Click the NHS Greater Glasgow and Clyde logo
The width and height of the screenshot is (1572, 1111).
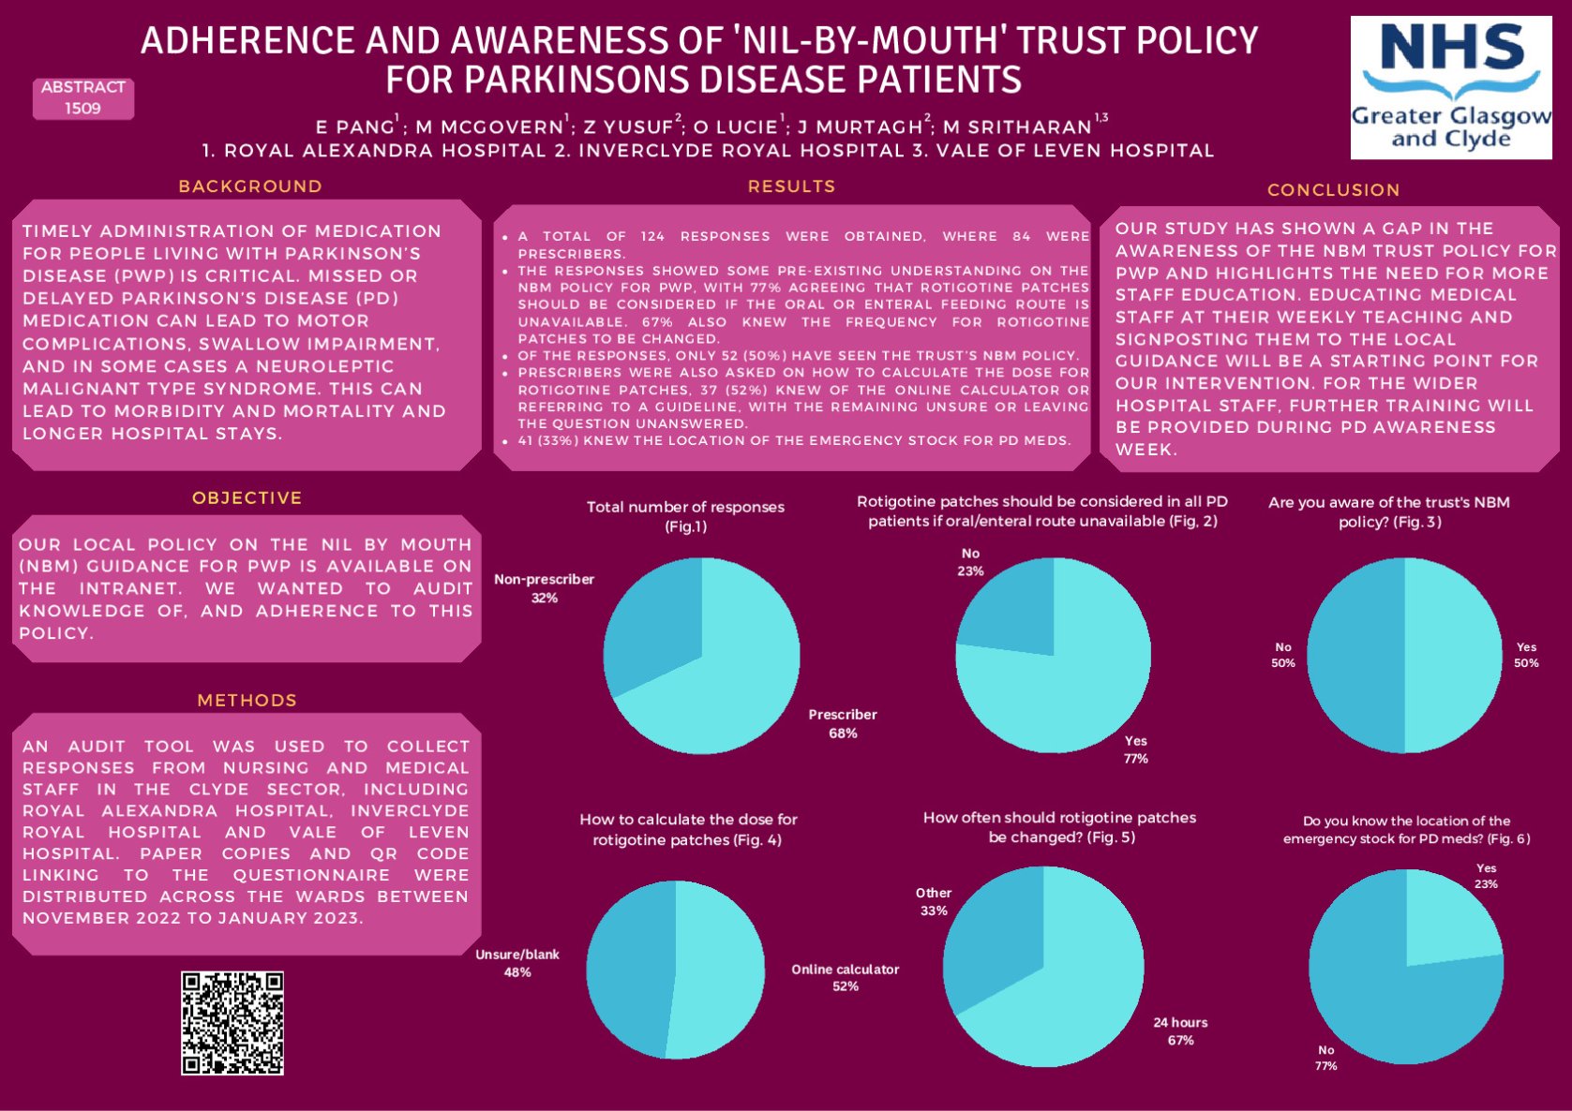(1450, 87)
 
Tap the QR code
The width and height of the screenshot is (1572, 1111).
(232, 1022)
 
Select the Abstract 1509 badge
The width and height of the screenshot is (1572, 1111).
(83, 98)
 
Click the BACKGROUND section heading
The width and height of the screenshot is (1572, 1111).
(250, 186)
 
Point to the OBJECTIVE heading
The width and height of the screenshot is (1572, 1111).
(247, 498)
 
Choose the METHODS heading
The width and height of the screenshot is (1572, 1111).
(247, 701)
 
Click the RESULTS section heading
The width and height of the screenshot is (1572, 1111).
(791, 186)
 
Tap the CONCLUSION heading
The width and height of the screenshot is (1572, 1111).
(1333, 190)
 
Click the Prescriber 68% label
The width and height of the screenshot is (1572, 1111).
(843, 723)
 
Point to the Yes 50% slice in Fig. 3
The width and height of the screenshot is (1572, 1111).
(1453, 656)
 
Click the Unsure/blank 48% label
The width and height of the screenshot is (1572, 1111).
(517, 963)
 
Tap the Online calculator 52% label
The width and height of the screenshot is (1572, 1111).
(845, 977)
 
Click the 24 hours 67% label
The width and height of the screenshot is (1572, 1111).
(1180, 1030)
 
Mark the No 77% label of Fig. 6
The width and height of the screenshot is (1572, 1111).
(1325, 1058)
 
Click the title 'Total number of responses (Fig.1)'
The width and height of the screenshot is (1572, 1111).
(685, 516)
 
